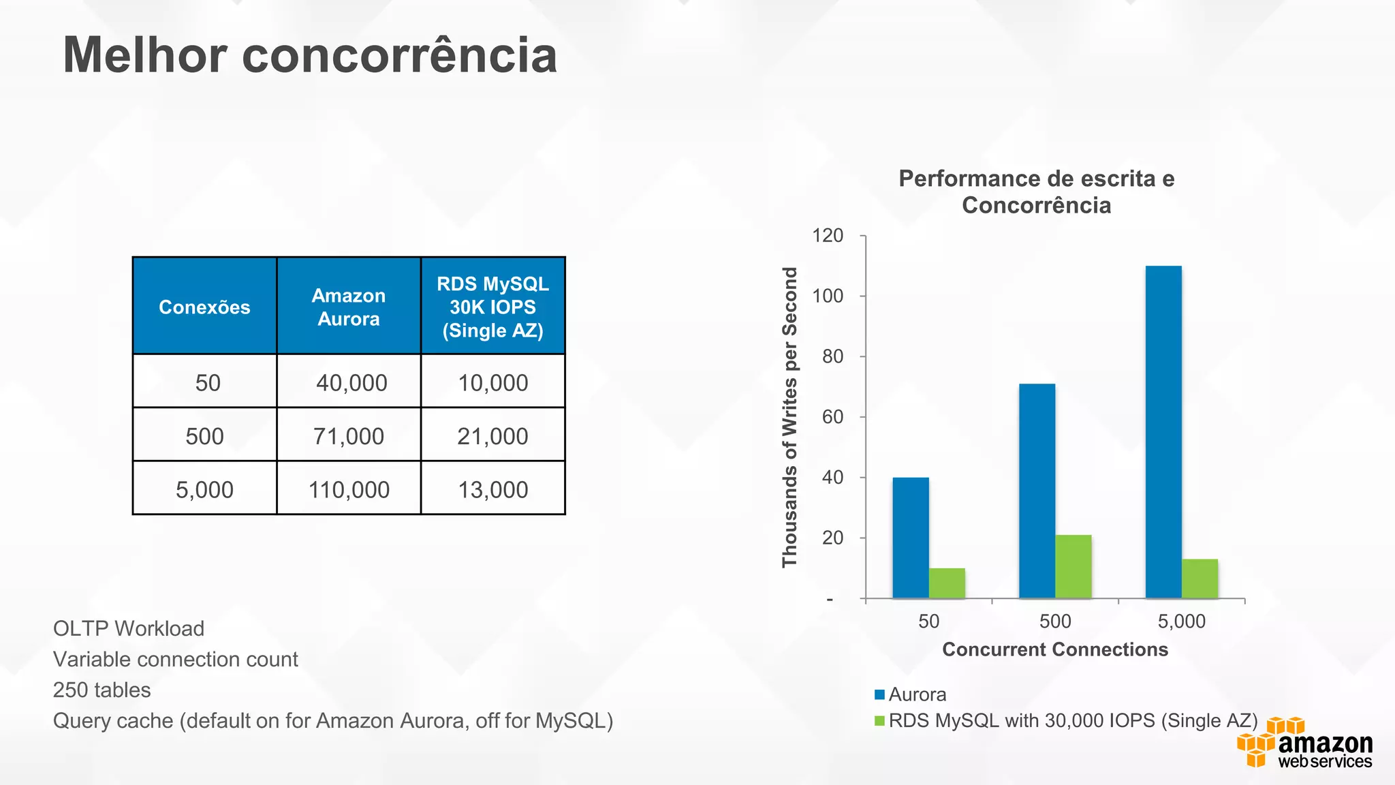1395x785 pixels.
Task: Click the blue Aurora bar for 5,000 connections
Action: pos(1163,432)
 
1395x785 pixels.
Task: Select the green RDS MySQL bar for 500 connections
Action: pos(1073,566)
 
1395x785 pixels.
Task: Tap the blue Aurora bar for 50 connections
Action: pos(911,538)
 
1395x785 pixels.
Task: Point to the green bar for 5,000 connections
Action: pos(1200,579)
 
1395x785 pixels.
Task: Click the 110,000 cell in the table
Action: pos(349,489)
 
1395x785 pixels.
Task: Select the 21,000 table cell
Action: pos(492,436)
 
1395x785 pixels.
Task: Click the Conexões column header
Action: pos(204,307)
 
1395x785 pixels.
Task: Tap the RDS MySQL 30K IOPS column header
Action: pos(492,307)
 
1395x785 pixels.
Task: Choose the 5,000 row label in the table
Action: pos(204,489)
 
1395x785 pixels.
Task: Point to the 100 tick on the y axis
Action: pos(828,296)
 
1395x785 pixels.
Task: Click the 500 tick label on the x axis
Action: pos(1055,621)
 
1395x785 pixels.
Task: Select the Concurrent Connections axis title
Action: pos(1055,649)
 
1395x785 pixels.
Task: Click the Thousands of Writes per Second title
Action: pos(789,417)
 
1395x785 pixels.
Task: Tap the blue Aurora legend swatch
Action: pos(879,694)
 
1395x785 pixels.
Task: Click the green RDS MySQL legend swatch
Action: pos(879,720)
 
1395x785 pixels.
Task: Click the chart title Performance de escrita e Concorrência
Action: pos(1036,191)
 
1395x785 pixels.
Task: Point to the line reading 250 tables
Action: pos(102,690)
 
